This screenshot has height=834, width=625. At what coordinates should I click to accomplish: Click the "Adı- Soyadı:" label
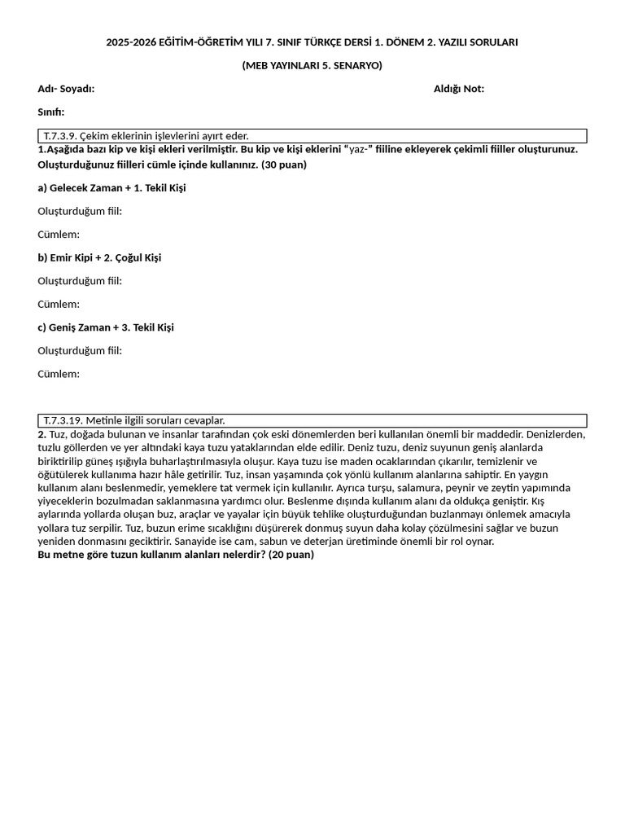coord(66,89)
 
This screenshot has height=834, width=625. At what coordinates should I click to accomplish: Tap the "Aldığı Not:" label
coord(458,89)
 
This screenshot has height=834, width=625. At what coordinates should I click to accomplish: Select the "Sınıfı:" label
coord(50,112)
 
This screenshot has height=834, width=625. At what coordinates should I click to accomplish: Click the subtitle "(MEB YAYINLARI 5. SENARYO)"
coord(312,65)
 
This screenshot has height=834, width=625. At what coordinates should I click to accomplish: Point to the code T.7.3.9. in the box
coord(60,136)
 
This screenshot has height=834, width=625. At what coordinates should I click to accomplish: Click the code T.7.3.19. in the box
coord(63,420)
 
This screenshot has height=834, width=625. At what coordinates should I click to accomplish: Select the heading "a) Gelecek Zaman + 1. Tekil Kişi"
coord(111,188)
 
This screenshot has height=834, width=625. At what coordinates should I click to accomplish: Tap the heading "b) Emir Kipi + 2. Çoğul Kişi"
coord(99,258)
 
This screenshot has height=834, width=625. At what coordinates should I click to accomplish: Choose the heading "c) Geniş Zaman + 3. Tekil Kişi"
coord(106,327)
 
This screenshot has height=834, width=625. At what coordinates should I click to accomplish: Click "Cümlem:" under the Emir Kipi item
coord(59,305)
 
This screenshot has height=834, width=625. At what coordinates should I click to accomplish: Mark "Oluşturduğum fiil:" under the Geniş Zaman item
coord(80,351)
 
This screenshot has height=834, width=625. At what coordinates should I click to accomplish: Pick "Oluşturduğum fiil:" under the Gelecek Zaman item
coord(80,212)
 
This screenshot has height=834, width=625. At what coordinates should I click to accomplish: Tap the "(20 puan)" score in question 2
coord(291,555)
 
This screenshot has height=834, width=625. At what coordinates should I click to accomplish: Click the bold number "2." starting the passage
coord(42,435)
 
